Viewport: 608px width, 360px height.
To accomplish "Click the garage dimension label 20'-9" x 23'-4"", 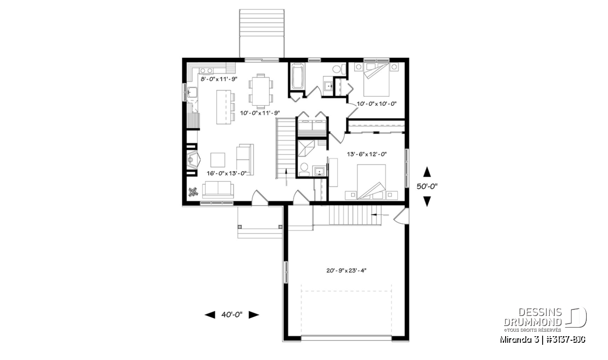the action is point(347,270).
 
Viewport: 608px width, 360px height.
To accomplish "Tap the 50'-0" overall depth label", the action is point(427,186).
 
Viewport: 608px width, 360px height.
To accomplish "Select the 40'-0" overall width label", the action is point(232,315).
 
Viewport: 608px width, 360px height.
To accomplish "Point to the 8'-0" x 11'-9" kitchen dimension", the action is point(219,79).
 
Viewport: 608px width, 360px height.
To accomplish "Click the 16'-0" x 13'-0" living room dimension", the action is point(226,173).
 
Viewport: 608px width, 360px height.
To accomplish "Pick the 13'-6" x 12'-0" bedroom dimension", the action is point(367,154).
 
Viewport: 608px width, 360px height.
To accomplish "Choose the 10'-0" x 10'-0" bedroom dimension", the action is point(376,103).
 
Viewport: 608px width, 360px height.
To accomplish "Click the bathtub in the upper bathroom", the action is point(297,76).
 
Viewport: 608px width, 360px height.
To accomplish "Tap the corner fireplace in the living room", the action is point(194,161).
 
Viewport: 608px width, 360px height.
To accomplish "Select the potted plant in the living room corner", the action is point(193,192).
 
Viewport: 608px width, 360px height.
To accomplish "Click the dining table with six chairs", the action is point(261,91).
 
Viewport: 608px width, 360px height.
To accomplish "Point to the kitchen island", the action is point(223,107).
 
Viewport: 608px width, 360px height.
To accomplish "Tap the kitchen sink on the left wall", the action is point(192,93).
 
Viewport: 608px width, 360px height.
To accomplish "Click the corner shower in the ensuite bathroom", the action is point(306,148).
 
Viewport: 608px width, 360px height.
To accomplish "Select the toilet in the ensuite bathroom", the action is point(303,170).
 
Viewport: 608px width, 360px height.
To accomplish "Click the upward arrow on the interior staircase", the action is point(286,177).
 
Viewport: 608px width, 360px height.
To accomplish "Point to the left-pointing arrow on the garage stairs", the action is point(379,215).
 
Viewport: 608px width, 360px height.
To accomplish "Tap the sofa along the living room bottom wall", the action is point(218,190).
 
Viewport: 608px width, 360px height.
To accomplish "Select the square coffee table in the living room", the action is point(218,160).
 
